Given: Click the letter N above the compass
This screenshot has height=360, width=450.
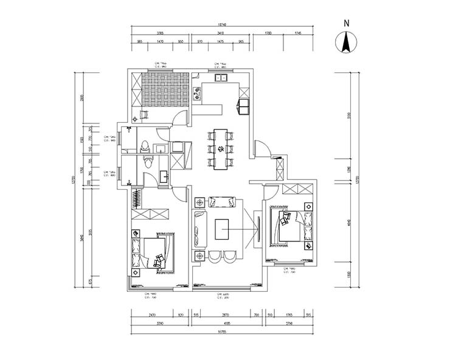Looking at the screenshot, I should point(347,23).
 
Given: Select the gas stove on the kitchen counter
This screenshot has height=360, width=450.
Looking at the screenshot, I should point(197,93).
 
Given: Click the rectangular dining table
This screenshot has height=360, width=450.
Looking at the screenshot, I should point(221,147).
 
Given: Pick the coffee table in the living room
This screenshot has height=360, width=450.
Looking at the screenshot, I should point(223,229).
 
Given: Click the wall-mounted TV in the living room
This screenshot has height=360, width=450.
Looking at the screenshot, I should point(257,229).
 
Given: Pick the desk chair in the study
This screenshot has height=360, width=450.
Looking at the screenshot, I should point(145,114).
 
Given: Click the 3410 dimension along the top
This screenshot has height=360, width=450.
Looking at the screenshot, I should point(221,33).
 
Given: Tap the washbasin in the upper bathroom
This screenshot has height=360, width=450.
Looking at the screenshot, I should point(161,148).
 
